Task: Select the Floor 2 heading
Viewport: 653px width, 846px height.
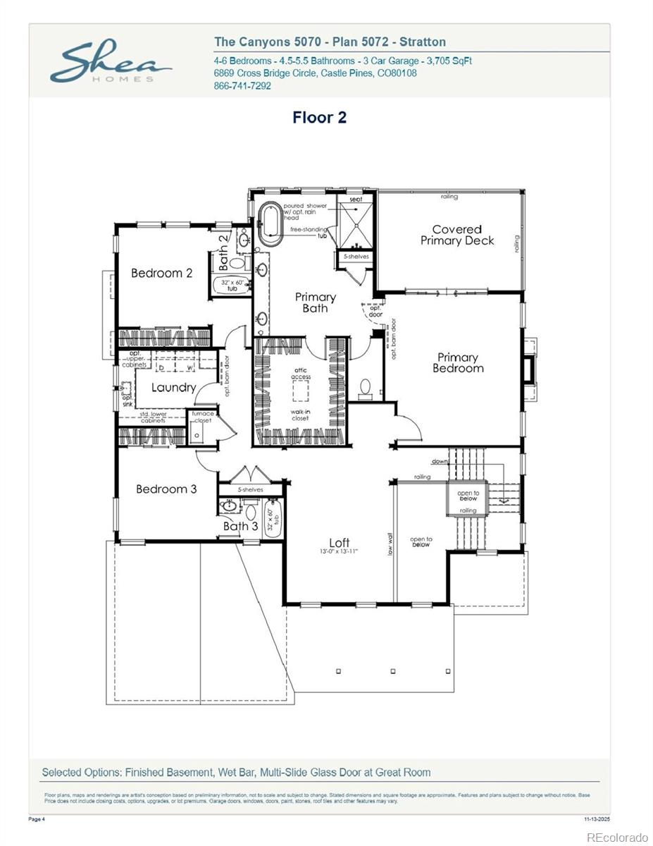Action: (319, 118)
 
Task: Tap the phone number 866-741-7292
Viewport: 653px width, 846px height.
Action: (242, 86)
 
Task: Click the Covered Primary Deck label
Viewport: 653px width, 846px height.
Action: (457, 235)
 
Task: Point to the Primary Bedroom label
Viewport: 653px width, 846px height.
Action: (458, 362)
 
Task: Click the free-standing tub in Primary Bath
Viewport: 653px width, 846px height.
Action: (270, 224)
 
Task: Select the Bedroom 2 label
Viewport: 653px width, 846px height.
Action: (161, 273)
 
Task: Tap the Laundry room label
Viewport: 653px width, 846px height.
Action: (173, 387)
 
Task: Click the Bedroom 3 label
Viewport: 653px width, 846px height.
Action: (166, 489)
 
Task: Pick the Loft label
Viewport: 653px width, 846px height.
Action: (340, 542)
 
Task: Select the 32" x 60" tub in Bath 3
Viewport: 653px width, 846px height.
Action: (273, 520)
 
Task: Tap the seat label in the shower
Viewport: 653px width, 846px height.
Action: (356, 200)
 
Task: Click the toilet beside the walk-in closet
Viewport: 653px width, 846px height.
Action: (365, 388)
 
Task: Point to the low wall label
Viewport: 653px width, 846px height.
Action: (390, 543)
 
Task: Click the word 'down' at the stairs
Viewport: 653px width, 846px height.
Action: (440, 462)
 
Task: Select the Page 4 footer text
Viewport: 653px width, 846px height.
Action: (36, 819)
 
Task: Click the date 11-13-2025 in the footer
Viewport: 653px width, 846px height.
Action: (597, 819)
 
